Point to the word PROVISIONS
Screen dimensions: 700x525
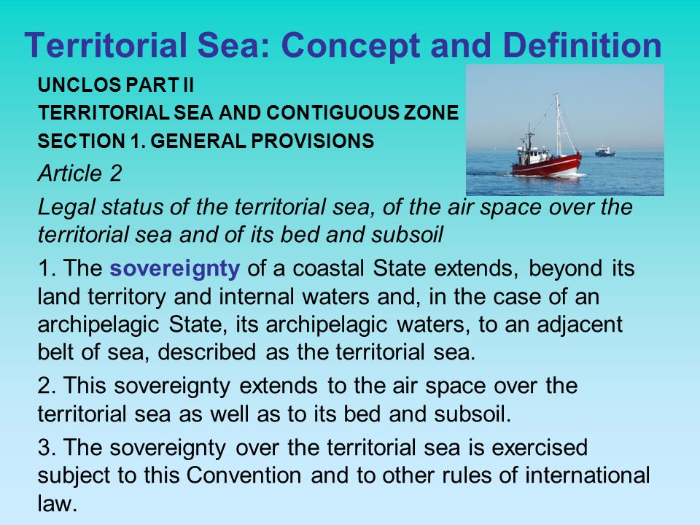[x=312, y=141]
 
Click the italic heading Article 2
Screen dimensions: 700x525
[x=80, y=174]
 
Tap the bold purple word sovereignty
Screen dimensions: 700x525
[x=174, y=269]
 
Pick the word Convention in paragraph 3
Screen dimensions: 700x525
[x=244, y=475]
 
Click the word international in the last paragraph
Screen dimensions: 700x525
[x=587, y=475]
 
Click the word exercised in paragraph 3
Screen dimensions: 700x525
[x=540, y=447]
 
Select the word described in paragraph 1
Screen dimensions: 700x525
[x=206, y=351]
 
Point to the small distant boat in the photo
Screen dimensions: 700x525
[x=605, y=151]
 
